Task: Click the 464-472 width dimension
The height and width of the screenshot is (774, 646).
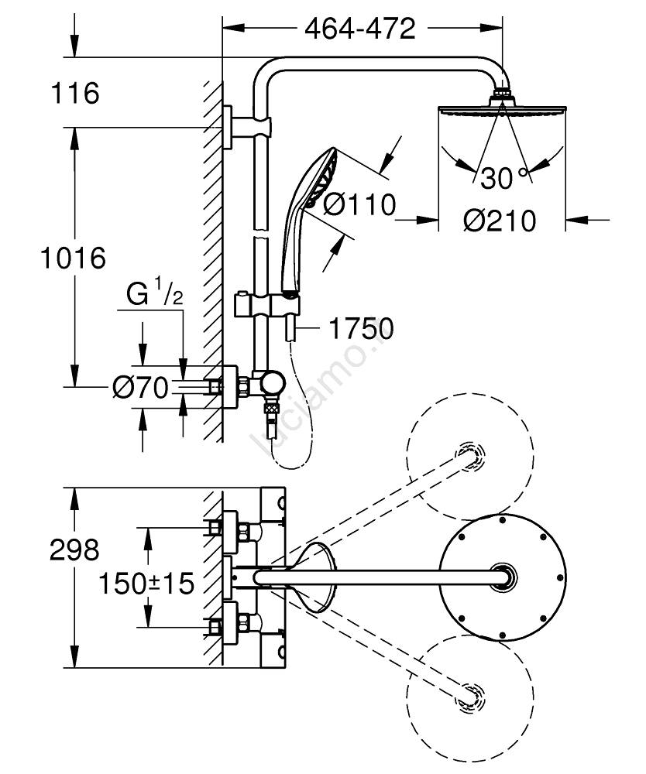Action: pyautogui.click(x=359, y=29)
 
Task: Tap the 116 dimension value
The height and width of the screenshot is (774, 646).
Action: pyautogui.click(x=75, y=94)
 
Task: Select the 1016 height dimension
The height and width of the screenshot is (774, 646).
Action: pyautogui.click(x=73, y=257)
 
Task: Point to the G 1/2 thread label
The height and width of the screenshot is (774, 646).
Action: pyautogui.click(x=155, y=296)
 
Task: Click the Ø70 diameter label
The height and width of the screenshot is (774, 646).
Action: pyautogui.click(x=139, y=387)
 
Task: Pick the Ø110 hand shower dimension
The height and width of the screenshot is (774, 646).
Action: pyautogui.click(x=358, y=205)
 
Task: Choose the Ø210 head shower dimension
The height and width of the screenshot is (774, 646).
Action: pyautogui.click(x=500, y=221)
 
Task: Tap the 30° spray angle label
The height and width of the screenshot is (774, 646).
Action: pyautogui.click(x=502, y=179)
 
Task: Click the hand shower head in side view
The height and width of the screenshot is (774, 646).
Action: pyautogui.click(x=318, y=180)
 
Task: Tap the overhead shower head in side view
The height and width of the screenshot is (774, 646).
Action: pyautogui.click(x=502, y=108)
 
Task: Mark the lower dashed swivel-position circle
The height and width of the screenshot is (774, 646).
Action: pyautogui.click(x=472, y=694)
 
